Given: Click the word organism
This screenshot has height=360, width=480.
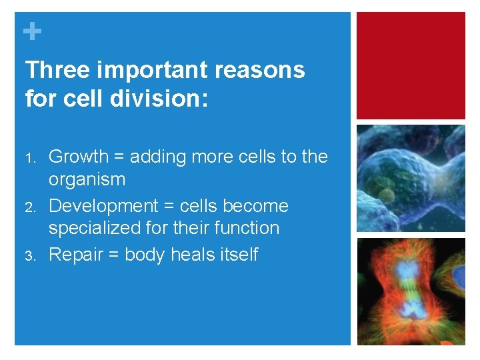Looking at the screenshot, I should click(87, 179).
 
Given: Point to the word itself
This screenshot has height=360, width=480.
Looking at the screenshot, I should click(238, 255).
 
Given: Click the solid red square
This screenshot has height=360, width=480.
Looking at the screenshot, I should click(411, 65).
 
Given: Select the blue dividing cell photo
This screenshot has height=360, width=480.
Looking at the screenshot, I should click(411, 178).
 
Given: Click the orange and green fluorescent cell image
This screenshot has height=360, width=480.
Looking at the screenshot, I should click(411, 291).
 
